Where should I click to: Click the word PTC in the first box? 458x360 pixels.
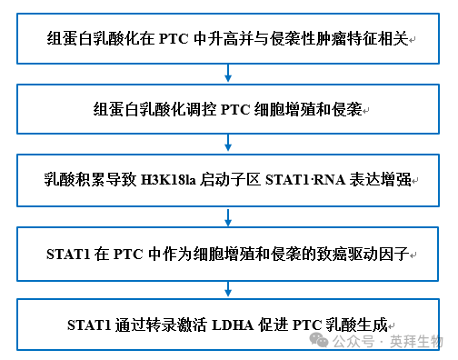click(x=174, y=40)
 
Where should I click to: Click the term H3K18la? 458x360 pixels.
click(x=172, y=181)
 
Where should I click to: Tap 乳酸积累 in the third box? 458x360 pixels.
click(x=75, y=181)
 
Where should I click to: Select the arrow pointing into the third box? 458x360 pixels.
click(x=225, y=145)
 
